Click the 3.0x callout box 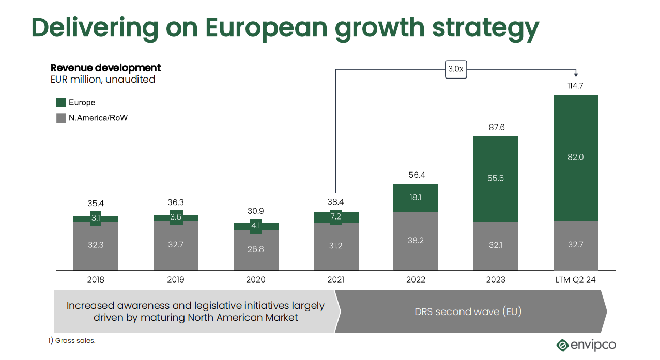[455, 69]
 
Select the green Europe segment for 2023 [496, 179]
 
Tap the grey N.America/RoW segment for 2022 [416, 241]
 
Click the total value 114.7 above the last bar [575, 86]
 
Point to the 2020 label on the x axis [255, 280]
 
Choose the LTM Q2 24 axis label [575, 280]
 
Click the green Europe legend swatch [61, 102]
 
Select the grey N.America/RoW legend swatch [61, 118]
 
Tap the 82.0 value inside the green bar [575, 157]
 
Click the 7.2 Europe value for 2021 [336, 217]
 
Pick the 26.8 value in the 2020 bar [255, 249]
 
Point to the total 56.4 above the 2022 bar [416, 175]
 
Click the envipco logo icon [562, 345]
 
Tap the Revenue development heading [105, 68]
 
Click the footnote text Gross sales [75, 341]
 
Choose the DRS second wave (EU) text [468, 311]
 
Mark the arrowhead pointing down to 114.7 [576, 75]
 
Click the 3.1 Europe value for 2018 [96, 218]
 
